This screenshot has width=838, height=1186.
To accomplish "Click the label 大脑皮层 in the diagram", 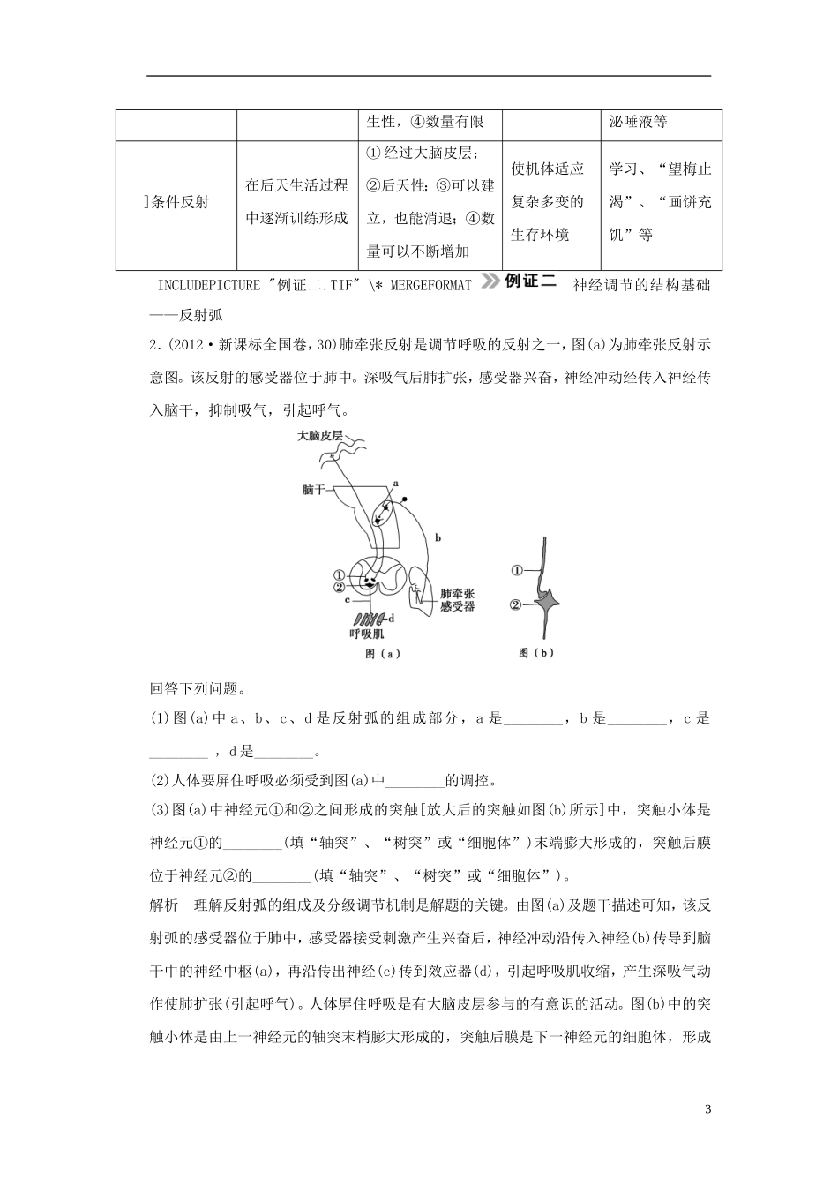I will [319, 436].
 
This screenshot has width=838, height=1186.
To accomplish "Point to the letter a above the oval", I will [396, 484].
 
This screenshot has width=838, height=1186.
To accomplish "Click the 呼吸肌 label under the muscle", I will [366, 633].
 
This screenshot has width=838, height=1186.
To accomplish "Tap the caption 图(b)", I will [535, 653].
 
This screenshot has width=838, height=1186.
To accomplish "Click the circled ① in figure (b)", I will [518, 571].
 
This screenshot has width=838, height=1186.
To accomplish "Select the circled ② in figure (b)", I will [518, 604].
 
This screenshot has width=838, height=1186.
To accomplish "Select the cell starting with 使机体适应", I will [548, 201].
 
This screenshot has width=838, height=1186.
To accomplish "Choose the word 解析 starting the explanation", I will [164, 903].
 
